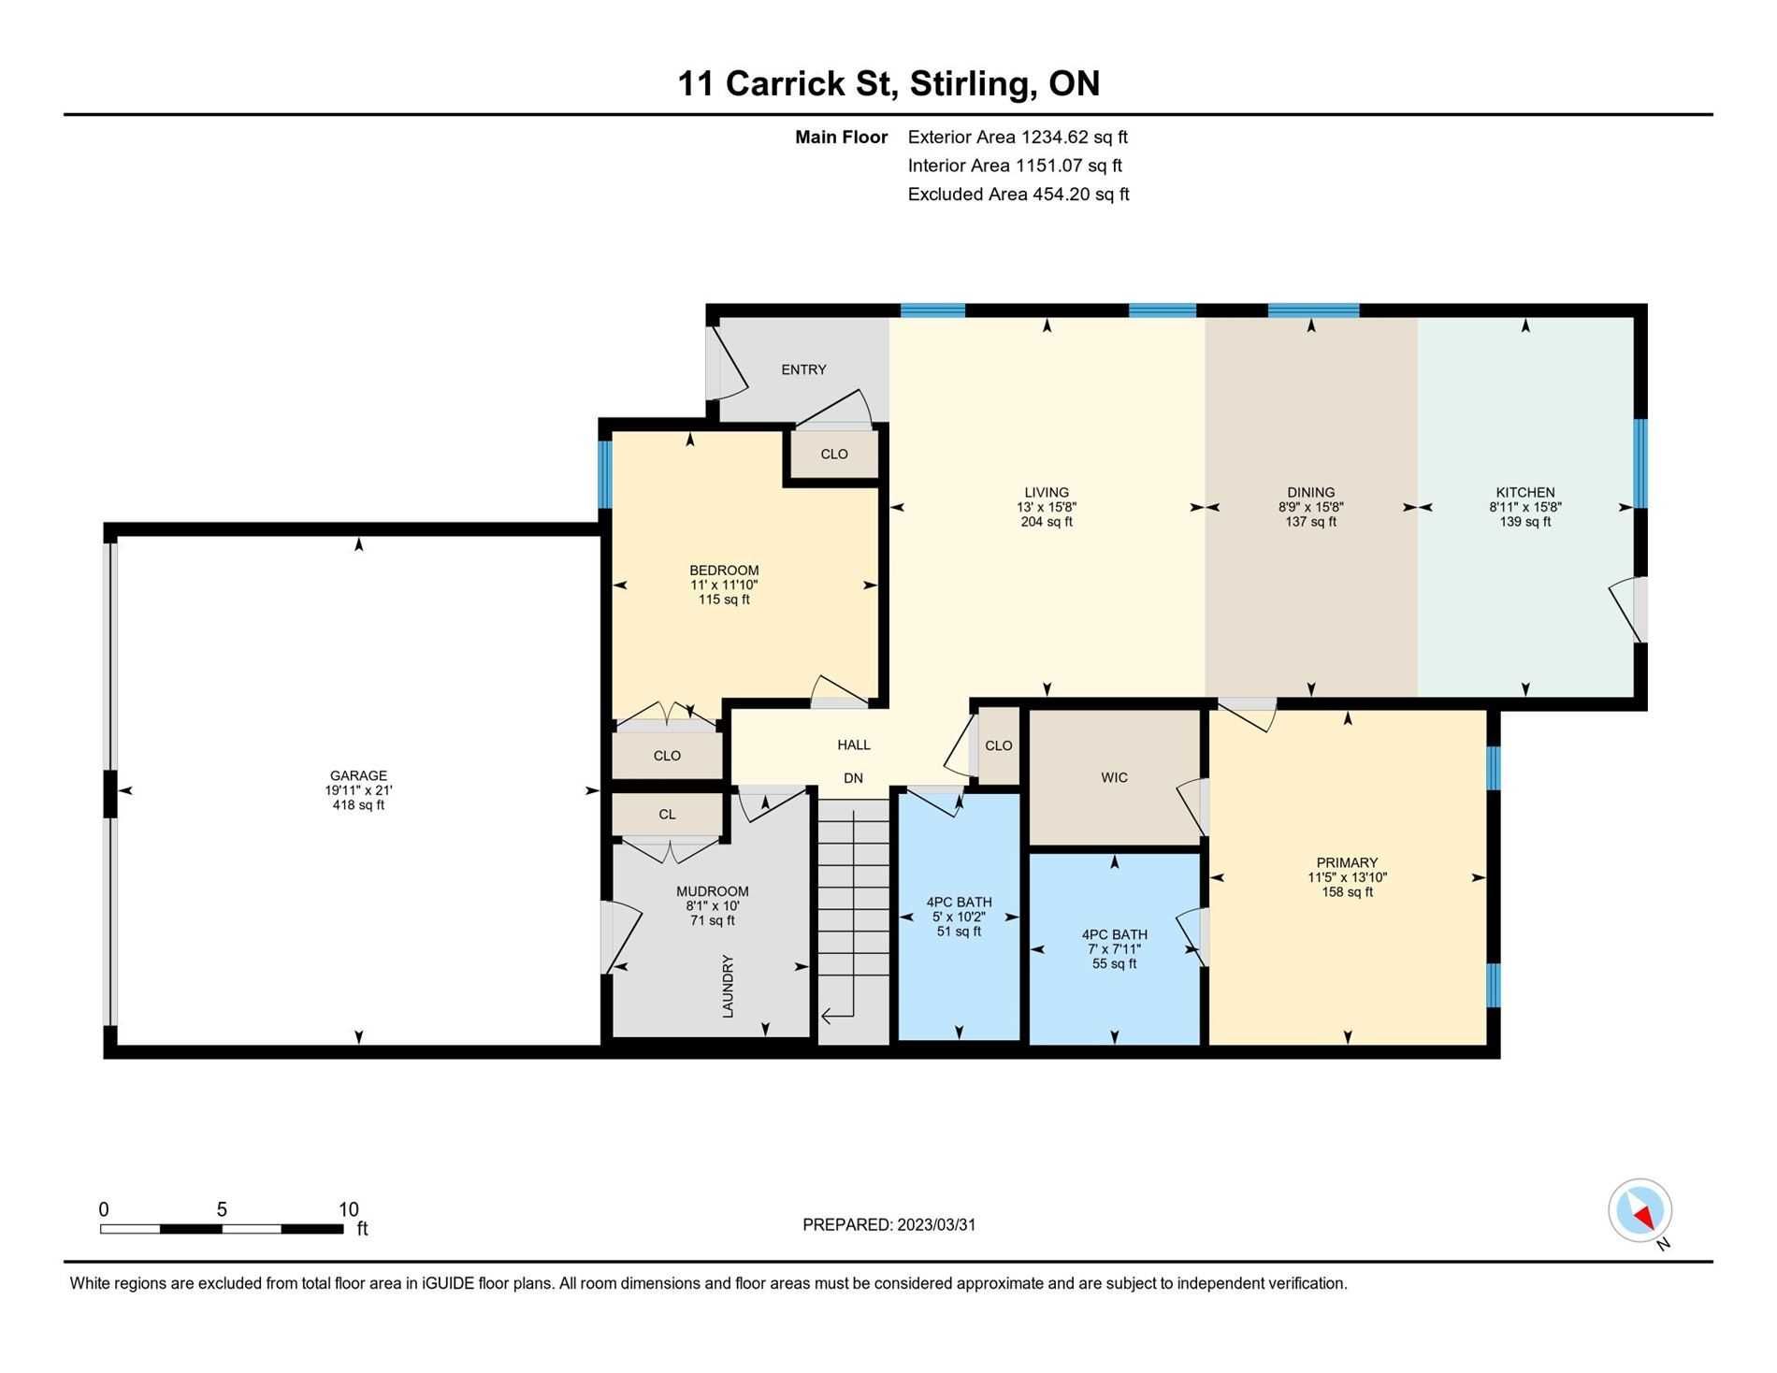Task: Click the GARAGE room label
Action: pyautogui.click(x=358, y=775)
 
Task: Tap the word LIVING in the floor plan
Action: pyautogui.click(x=1047, y=492)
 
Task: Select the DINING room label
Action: pyautogui.click(x=1310, y=492)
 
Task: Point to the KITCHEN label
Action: pyautogui.click(x=1525, y=492)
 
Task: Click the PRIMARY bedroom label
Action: pyautogui.click(x=1347, y=862)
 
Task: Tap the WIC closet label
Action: pyautogui.click(x=1114, y=777)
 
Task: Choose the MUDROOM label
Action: pyautogui.click(x=712, y=891)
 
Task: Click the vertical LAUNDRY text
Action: pyautogui.click(x=728, y=986)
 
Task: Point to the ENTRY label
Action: pyautogui.click(x=803, y=369)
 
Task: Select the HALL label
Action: pyautogui.click(x=854, y=744)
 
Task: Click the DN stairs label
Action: pyautogui.click(x=853, y=778)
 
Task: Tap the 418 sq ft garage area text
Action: pyautogui.click(x=358, y=805)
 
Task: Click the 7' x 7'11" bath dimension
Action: pyautogui.click(x=1114, y=948)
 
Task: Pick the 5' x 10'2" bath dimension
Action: pyautogui.click(x=959, y=917)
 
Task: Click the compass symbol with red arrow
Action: pyautogui.click(x=1640, y=1210)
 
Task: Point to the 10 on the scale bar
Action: pyautogui.click(x=348, y=1209)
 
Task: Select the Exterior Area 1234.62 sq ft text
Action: pyautogui.click(x=1018, y=137)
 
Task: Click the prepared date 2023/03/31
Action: pyautogui.click(x=936, y=1224)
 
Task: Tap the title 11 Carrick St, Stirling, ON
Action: pyautogui.click(x=888, y=83)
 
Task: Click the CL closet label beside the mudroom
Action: pyautogui.click(x=667, y=815)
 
